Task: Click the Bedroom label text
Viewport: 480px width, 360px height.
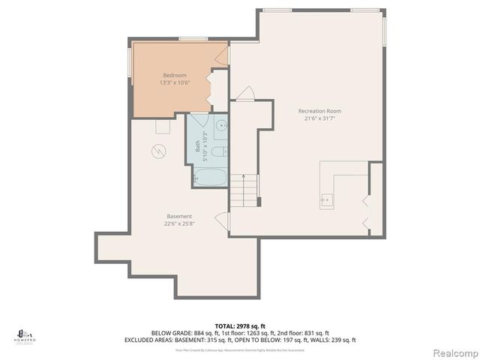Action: tap(175, 75)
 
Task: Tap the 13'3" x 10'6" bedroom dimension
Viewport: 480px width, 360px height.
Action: tap(175, 82)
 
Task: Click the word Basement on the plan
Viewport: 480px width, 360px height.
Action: tap(178, 216)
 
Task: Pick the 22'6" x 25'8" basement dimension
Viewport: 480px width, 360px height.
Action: tap(178, 223)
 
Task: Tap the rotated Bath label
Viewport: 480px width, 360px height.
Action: tap(198, 147)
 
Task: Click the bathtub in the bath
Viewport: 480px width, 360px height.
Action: tap(210, 178)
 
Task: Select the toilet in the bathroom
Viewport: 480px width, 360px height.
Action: tap(217, 152)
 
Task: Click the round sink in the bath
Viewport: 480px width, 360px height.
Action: tap(220, 127)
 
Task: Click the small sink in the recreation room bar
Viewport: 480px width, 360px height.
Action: tap(326, 200)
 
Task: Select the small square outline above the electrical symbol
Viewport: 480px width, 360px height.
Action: tap(162, 127)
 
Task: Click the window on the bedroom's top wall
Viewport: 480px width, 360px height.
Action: tap(193, 39)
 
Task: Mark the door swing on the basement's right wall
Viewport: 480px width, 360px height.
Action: tap(222, 220)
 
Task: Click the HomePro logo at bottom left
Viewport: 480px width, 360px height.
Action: tap(25, 335)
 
